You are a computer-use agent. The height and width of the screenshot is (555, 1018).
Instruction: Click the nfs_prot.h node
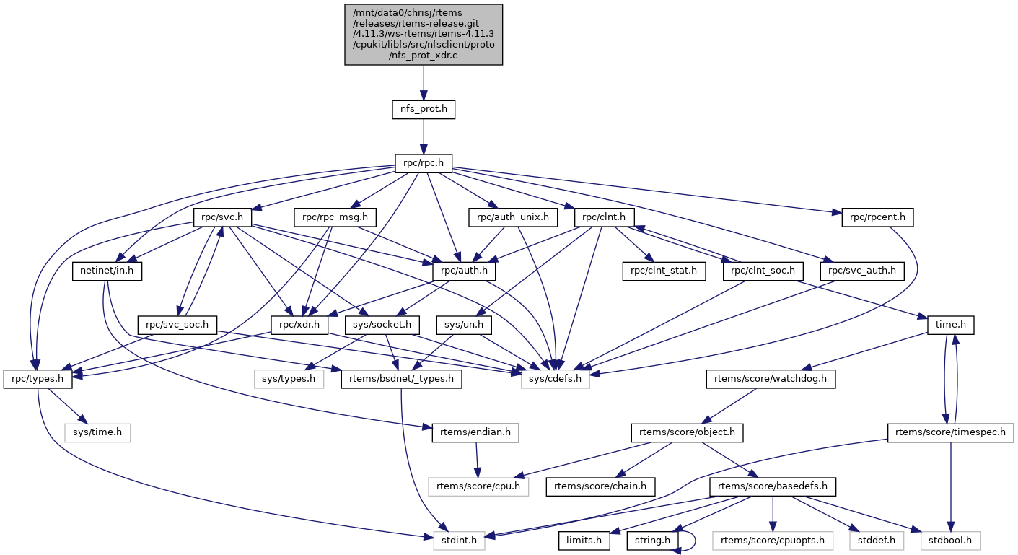click(424, 110)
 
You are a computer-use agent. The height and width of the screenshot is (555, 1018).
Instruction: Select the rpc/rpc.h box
click(424, 164)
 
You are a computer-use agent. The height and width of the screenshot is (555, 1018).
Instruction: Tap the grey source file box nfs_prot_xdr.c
click(424, 35)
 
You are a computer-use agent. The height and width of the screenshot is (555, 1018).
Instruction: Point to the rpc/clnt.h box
click(604, 217)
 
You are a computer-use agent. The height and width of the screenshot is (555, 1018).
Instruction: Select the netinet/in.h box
click(107, 271)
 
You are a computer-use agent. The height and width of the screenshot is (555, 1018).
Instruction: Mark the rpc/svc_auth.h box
click(862, 271)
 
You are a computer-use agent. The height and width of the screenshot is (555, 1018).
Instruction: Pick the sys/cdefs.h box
click(555, 379)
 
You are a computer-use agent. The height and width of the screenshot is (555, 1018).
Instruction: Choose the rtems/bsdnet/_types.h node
click(401, 379)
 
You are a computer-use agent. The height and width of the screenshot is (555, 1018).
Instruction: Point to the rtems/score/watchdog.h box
click(770, 379)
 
